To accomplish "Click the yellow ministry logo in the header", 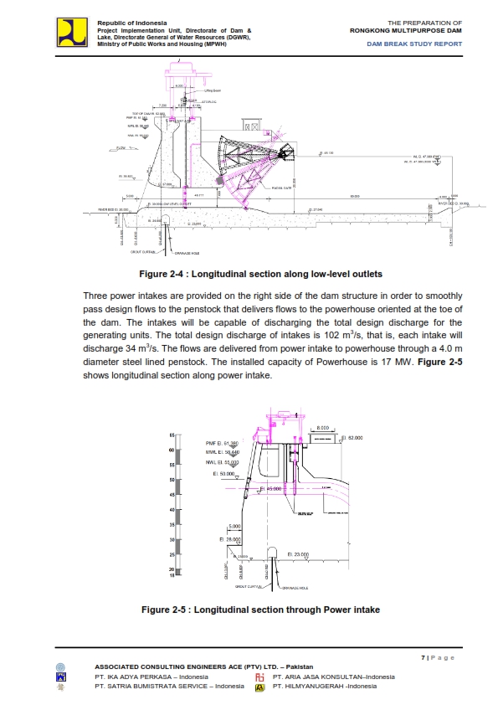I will pyautogui.click(x=71, y=32).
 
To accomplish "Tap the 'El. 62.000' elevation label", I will pyautogui.click(x=352, y=437).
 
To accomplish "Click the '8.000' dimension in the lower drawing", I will pyautogui.click(x=322, y=428).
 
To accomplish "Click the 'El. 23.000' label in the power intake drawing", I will pyautogui.click(x=299, y=553).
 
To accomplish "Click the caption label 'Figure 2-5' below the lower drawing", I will pyautogui.click(x=166, y=610).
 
